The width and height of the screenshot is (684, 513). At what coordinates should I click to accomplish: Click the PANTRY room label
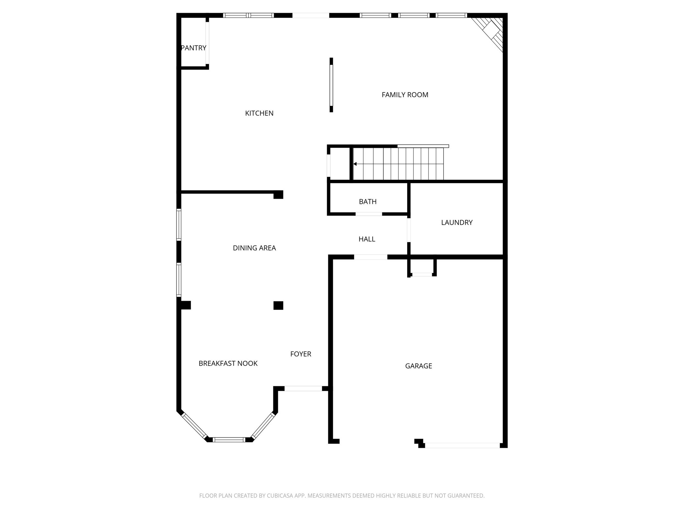[193, 48]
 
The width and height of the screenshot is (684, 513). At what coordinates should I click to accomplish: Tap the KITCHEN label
[259, 114]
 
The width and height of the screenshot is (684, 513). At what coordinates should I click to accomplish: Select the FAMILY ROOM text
[405, 95]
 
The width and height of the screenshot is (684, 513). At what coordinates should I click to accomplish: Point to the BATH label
[368, 202]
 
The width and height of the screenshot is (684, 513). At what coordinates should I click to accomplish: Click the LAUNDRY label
[457, 223]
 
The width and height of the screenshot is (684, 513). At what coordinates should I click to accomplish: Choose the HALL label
[367, 239]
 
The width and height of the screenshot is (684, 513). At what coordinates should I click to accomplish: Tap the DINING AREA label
[254, 248]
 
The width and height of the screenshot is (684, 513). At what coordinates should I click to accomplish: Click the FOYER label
[301, 354]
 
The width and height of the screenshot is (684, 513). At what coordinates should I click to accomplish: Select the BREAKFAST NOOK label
[228, 363]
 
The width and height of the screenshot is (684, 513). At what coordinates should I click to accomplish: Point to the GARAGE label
[418, 366]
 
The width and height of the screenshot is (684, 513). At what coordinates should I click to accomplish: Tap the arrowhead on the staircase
[355, 164]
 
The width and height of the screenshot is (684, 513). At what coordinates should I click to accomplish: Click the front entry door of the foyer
[303, 388]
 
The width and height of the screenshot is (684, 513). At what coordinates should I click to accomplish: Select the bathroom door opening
[369, 214]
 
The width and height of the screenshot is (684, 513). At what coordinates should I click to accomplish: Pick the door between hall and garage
[371, 257]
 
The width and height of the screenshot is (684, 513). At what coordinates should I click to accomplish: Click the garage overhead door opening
[462, 446]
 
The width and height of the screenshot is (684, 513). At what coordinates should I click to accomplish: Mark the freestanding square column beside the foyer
[278, 306]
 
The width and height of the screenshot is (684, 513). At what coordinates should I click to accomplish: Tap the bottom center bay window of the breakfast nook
[229, 440]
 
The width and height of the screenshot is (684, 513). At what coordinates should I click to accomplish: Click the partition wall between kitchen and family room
[331, 85]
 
